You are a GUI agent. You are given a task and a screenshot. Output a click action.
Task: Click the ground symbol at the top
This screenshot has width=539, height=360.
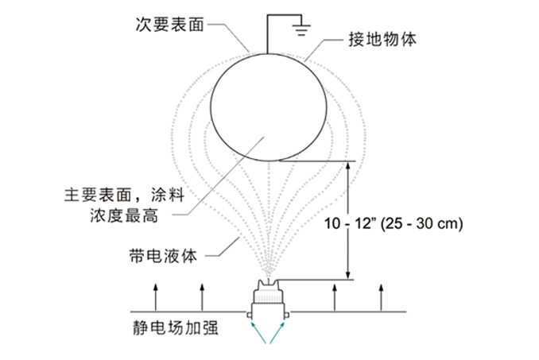tap(301, 29)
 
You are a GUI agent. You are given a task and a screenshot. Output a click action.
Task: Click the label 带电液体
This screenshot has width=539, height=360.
tap(163, 255)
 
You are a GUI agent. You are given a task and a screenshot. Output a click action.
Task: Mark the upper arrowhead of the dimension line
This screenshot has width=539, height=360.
tap(347, 166)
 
